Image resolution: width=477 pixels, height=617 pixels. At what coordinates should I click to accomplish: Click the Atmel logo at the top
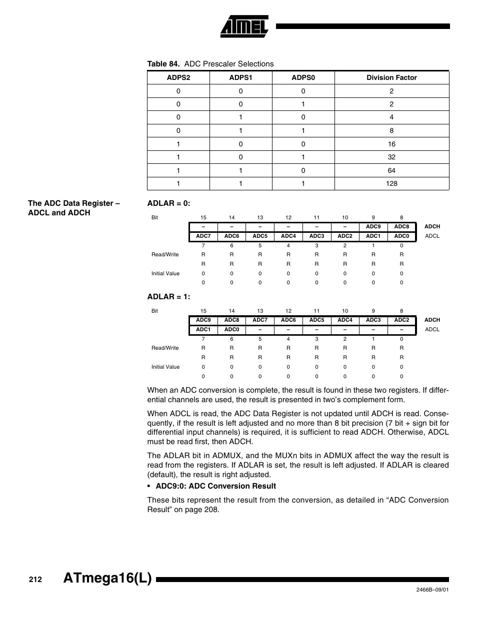click(244, 26)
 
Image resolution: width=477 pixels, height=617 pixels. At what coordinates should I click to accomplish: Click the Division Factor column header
click(391, 77)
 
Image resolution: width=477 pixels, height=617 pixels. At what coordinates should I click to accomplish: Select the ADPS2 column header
click(178, 77)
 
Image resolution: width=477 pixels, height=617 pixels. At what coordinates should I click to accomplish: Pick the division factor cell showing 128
click(391, 183)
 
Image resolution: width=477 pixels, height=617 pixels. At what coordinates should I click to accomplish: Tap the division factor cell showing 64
click(391, 170)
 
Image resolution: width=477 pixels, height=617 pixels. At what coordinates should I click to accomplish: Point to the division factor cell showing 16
click(391, 144)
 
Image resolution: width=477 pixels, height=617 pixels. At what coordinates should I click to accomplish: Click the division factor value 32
click(391, 157)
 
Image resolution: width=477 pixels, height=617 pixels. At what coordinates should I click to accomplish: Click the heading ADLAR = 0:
click(168, 203)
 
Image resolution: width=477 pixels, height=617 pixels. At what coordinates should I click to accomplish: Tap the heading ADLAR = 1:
click(168, 297)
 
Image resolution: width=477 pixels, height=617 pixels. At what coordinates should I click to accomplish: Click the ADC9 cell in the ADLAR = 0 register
click(373, 226)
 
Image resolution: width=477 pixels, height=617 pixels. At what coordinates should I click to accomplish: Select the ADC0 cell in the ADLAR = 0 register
click(401, 236)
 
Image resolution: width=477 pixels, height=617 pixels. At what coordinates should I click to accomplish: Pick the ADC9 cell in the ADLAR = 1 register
click(203, 320)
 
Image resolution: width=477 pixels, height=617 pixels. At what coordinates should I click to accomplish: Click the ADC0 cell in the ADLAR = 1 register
click(231, 329)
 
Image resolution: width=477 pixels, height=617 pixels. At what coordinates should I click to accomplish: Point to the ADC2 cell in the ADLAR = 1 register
click(401, 320)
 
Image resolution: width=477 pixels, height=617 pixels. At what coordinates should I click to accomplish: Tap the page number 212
click(35, 580)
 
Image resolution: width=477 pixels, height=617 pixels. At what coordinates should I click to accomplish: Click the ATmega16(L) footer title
click(107, 579)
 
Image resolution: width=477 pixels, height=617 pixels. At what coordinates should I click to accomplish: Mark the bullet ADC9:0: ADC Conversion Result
click(215, 486)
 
